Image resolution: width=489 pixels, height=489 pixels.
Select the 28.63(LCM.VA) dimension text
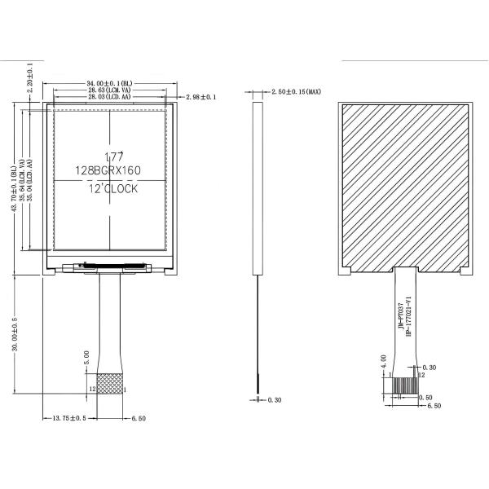[109, 90]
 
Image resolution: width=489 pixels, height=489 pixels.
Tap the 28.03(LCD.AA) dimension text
[109, 98]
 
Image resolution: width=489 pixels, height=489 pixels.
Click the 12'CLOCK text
[113, 188]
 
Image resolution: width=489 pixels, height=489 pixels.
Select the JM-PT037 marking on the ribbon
[400, 314]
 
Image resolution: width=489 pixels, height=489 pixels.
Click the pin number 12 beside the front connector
[92, 390]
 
